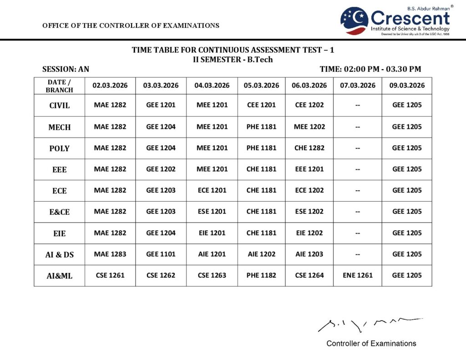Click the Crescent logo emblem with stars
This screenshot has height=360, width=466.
(355, 20)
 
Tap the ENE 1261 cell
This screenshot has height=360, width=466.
(358, 275)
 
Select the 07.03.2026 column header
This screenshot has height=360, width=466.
(358, 86)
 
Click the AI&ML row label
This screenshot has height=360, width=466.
(59, 275)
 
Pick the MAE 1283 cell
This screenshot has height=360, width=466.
(110, 254)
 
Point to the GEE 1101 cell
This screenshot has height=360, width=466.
(161, 254)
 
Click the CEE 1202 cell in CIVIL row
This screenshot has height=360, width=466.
(309, 105)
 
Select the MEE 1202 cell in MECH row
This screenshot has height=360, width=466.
(309, 127)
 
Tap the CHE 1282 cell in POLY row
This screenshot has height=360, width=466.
(309, 148)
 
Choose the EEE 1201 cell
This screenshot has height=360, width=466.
(309, 169)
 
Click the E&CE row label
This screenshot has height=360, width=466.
(59, 212)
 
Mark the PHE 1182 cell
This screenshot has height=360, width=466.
(261, 275)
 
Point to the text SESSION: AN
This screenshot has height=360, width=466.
(66, 69)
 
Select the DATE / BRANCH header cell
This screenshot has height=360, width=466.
(59, 86)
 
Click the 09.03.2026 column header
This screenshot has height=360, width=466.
(407, 86)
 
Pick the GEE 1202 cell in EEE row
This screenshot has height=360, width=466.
(161, 169)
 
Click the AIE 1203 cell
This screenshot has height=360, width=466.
(309, 254)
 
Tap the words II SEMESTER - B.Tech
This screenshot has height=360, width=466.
(233, 59)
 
